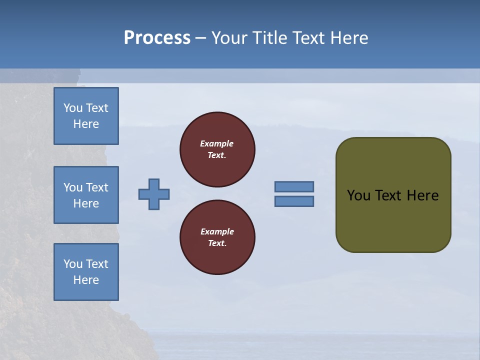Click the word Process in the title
tap(157, 37)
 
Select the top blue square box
tap(86, 116)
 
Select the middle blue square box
tap(86, 195)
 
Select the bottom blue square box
tap(86, 272)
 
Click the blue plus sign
tap(154, 194)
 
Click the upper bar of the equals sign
tap(294, 186)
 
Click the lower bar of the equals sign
tap(294, 201)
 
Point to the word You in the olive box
tap(358, 195)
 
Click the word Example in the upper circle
tap(217, 143)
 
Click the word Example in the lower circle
tap(217, 231)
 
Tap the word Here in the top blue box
tap(86, 124)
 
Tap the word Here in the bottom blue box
tap(86, 280)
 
